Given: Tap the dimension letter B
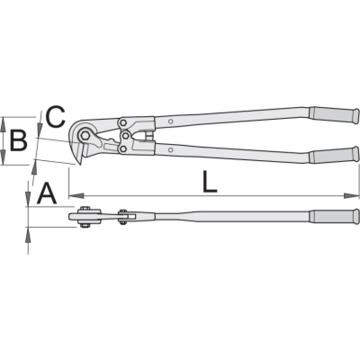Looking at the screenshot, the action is [x=18, y=140].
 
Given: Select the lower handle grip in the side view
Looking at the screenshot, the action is [x=334, y=155].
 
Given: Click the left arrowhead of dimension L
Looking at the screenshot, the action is [x=76, y=196].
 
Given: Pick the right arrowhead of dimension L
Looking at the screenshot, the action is [x=351, y=196].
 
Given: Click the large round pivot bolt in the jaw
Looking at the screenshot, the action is [x=85, y=136].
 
